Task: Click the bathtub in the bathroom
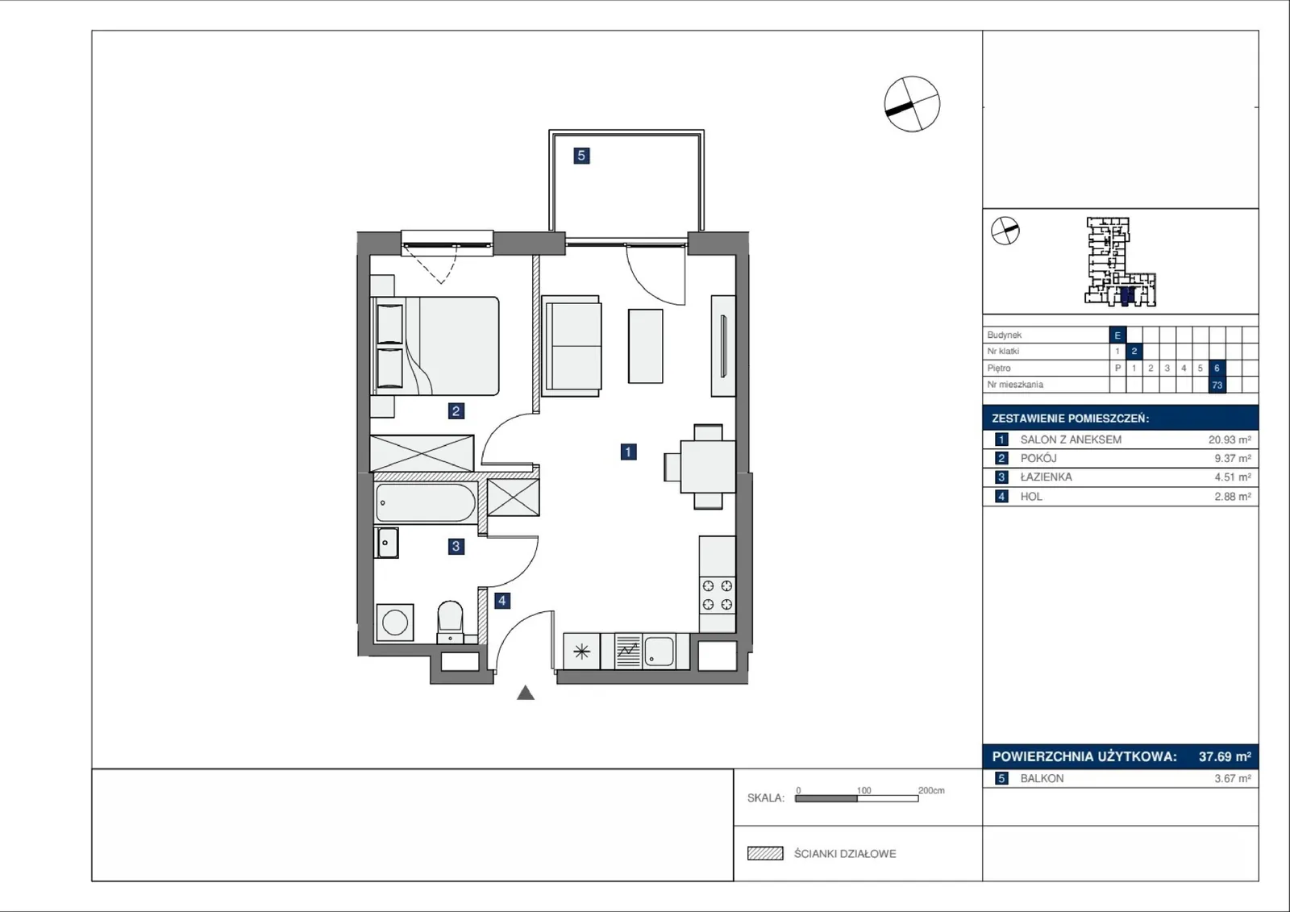[426, 503]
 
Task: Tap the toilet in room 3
[450, 622]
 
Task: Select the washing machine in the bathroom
[395, 623]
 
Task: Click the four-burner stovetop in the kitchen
[718, 595]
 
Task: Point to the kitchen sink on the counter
[659, 651]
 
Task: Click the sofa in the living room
[572, 346]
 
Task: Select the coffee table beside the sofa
[645, 346]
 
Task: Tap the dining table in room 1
[708, 467]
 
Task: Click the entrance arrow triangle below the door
[525, 693]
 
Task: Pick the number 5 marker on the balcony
[581, 156]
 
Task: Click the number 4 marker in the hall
[502, 601]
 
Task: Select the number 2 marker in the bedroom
[456, 410]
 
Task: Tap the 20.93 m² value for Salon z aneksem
[1230, 439]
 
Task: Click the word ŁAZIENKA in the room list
[1046, 477]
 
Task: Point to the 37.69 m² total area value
[1225, 756]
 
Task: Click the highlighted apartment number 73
[1217, 385]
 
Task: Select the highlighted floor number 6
[1217, 369]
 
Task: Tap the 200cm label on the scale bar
[931, 790]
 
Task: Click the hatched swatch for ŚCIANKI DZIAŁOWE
[765, 853]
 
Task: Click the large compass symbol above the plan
[912, 104]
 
